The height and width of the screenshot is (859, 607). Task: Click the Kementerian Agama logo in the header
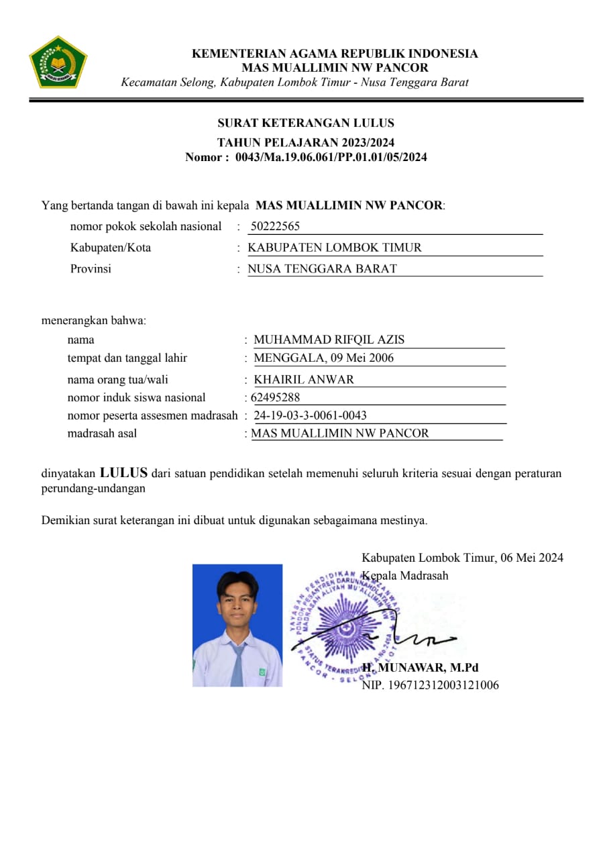(58, 62)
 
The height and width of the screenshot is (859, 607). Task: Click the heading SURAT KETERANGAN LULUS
(306, 123)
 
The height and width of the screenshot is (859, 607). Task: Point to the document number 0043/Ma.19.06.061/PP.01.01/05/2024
(331, 158)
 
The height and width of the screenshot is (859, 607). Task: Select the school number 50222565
(275, 227)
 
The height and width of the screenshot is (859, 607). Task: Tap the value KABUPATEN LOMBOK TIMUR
(335, 248)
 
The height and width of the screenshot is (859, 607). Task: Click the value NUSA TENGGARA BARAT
(322, 269)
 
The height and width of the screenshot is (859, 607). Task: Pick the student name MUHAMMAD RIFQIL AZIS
(329, 340)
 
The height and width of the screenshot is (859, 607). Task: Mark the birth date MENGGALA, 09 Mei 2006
(324, 358)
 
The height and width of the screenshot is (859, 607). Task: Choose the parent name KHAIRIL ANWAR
(304, 379)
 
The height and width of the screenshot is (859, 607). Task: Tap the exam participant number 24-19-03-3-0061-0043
(311, 415)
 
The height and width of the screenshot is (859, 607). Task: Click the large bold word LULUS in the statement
(123, 472)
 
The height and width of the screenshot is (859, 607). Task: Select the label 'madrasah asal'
(102, 434)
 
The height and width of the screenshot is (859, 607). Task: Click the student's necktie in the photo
(237, 665)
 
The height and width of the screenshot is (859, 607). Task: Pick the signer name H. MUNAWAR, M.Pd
(421, 668)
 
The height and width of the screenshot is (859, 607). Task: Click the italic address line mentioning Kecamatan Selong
(294, 83)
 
